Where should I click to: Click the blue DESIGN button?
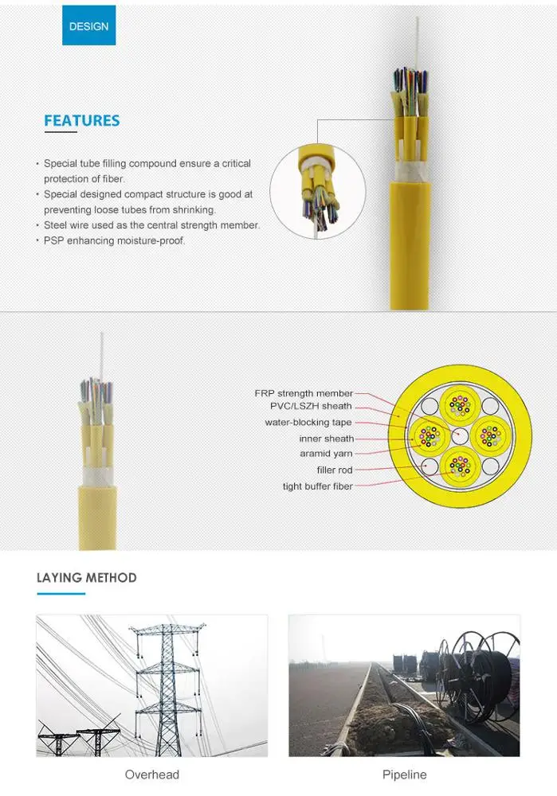coord(88,25)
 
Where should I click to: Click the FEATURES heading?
coord(81,121)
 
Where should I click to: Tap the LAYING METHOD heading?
coord(86,578)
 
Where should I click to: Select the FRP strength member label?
coord(304,393)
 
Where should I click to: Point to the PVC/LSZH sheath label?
coord(311,406)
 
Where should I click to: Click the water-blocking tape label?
coord(308,423)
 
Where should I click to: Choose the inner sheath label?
coord(327,439)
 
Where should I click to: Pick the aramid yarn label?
coord(327,454)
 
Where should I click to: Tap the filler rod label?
coord(335,470)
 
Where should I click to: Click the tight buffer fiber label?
coord(317,486)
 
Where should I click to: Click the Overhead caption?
coord(152,775)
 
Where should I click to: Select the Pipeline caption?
coord(404,775)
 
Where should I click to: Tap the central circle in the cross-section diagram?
coord(460,435)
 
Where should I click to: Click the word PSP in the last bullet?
coord(55,240)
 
